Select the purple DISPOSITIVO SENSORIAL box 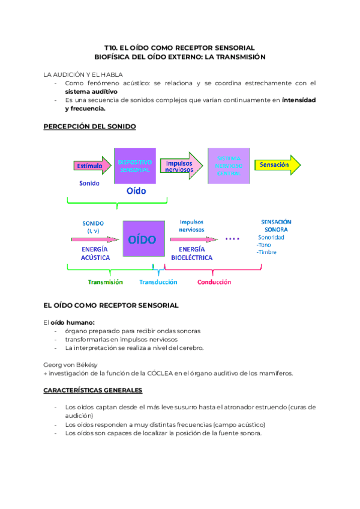pyautogui.click(x=135, y=166)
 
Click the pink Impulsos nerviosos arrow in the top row pyautogui.click(x=181, y=166)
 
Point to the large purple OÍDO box pyautogui.click(x=142, y=239)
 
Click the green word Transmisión pyautogui.click(x=105, y=282)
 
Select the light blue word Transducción pyautogui.click(x=158, y=282)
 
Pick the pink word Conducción pyautogui.click(x=214, y=282)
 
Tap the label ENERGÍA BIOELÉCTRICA pyautogui.click(x=191, y=253)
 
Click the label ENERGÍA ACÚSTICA pyautogui.click(x=95, y=253)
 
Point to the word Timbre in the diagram pyautogui.click(x=268, y=252)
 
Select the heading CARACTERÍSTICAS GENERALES pyautogui.click(x=93, y=390)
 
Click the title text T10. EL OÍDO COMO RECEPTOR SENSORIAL pyautogui.click(x=179, y=47)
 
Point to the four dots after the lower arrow pyautogui.click(x=232, y=239)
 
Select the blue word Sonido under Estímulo pyautogui.click(x=89, y=182)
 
